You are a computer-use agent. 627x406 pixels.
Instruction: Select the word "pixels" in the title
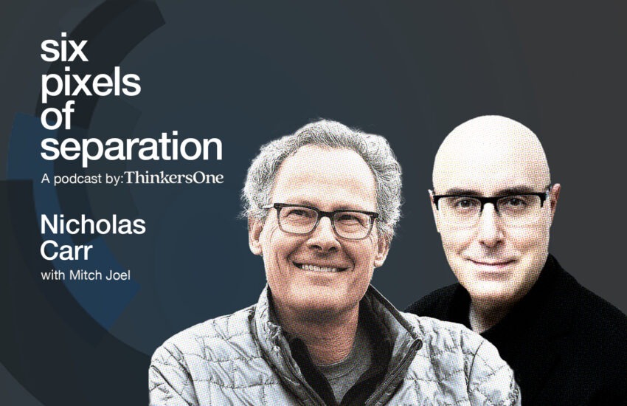(x=91, y=85)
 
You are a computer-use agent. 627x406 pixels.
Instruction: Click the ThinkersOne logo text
(x=174, y=178)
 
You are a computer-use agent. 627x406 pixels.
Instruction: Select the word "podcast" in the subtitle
(x=78, y=179)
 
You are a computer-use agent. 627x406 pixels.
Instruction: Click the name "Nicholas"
(x=93, y=225)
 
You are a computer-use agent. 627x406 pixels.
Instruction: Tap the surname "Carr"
(x=66, y=251)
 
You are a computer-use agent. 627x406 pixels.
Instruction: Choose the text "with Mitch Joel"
(x=86, y=275)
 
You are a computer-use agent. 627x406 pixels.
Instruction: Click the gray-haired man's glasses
(x=320, y=219)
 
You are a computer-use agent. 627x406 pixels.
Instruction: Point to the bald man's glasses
(x=491, y=204)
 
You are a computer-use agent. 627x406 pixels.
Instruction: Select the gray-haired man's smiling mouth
(x=321, y=266)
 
